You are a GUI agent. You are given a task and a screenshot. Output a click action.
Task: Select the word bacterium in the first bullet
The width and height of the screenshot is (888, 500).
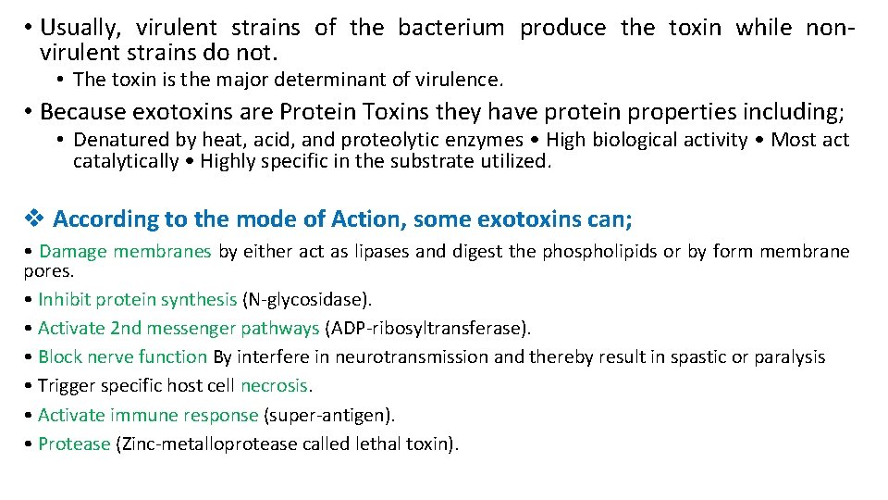click(450, 28)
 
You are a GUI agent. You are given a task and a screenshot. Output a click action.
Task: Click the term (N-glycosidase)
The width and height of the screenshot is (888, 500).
click(306, 299)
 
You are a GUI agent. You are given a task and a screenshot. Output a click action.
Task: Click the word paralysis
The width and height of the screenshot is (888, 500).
click(788, 356)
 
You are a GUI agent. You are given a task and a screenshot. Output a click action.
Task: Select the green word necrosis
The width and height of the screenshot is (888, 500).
click(275, 386)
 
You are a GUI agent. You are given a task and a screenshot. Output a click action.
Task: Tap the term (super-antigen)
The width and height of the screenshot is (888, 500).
click(330, 415)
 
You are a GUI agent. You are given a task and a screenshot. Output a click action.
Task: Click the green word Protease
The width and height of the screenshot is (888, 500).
click(74, 444)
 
